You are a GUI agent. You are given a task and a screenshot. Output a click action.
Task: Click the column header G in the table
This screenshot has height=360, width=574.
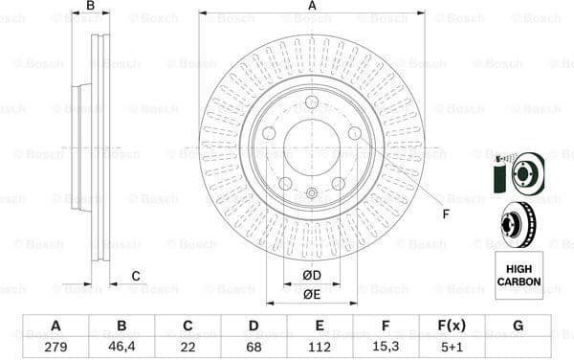tap(519, 326)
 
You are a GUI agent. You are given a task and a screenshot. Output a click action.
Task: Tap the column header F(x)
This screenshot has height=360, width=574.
tap(453, 326)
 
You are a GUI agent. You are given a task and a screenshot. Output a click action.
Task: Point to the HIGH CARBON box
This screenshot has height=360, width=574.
tap(519, 275)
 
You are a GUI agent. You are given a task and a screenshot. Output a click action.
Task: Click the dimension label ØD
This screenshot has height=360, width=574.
tap(312, 277)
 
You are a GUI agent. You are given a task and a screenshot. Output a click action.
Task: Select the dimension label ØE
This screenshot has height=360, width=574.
tap(312, 294)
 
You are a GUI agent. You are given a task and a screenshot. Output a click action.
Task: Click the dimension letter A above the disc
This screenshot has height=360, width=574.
tap(312, 7)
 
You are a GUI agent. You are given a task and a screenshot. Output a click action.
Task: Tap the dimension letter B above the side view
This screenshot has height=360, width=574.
tap(91, 7)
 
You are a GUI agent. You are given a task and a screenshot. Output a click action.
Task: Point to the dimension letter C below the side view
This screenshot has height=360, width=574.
tap(136, 277)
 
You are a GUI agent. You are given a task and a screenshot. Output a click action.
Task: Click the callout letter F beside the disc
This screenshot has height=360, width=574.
tap(446, 213)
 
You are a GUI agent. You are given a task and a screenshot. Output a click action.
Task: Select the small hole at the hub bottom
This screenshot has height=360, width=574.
tap(312, 193)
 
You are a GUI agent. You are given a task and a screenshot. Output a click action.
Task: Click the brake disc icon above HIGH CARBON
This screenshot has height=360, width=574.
tap(517, 226)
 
